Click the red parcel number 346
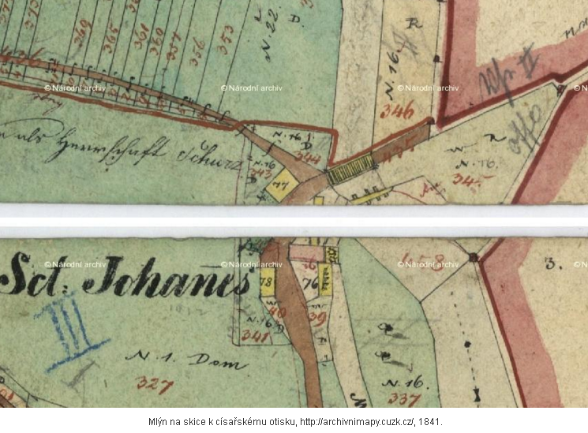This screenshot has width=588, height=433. (x=396, y=110)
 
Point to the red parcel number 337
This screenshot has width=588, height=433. (x=403, y=398)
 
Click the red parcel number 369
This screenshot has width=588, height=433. (x=81, y=33)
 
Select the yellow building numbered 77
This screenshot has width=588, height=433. (x=280, y=185)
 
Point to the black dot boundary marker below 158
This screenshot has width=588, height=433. (x=473, y=257)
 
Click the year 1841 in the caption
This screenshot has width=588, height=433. (x=429, y=422)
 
